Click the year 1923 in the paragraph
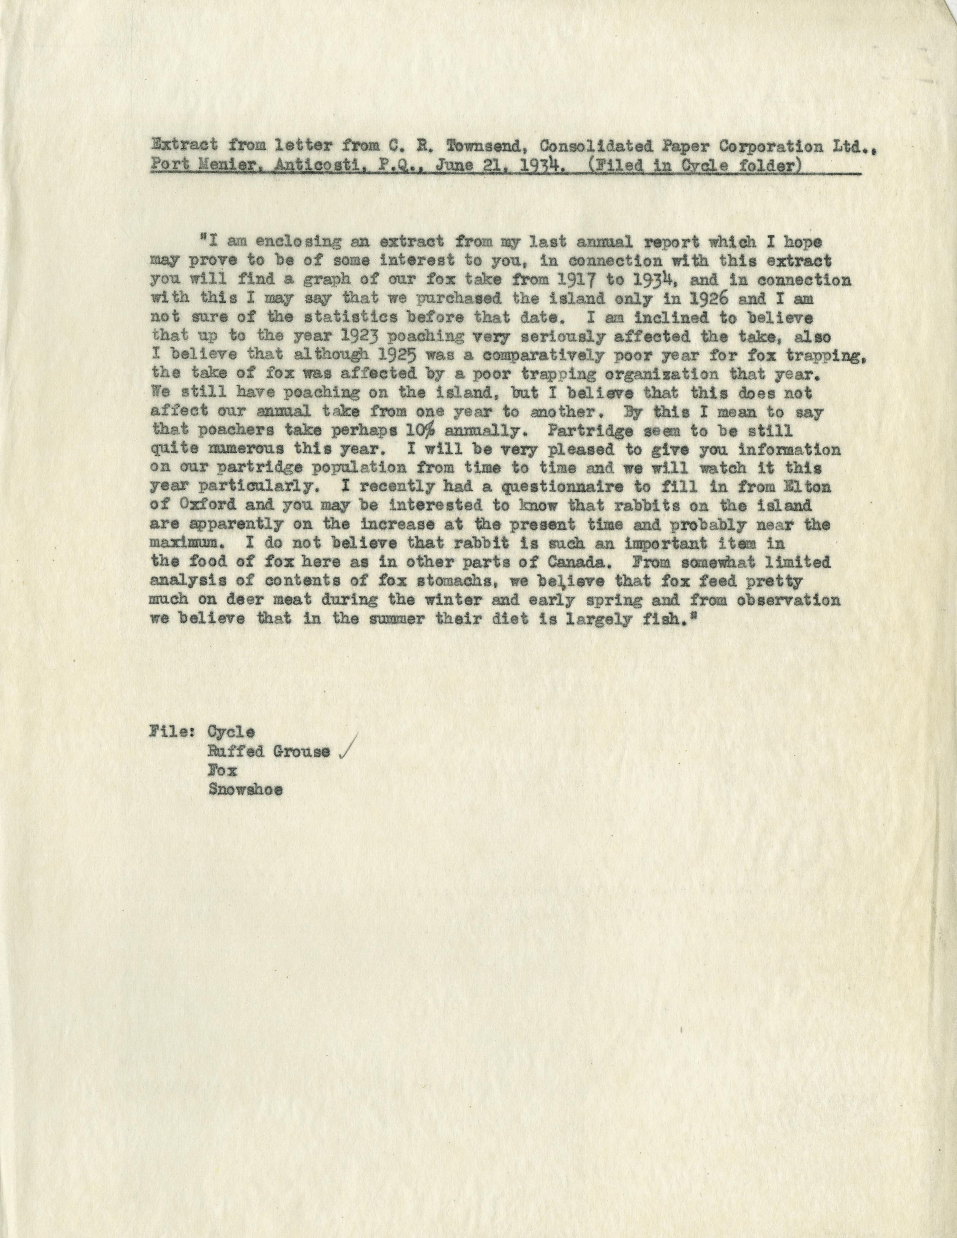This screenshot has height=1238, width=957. click(346, 337)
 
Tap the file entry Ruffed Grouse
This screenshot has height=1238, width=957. click(269, 752)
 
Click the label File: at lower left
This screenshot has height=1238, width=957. click(172, 733)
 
